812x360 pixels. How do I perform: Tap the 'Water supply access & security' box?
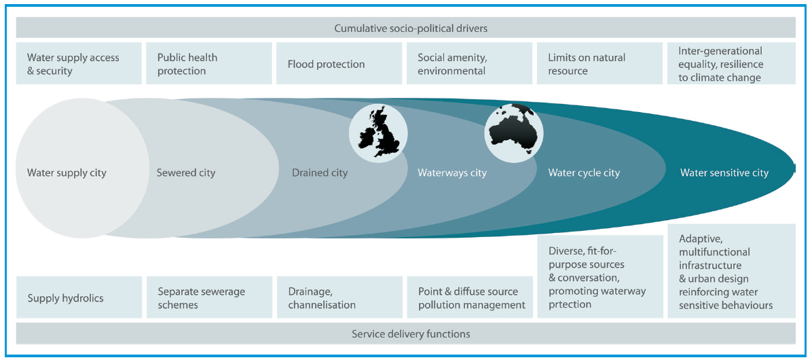tap(79, 64)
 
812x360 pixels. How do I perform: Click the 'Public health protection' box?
tap(209, 64)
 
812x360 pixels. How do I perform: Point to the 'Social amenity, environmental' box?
tap(470, 64)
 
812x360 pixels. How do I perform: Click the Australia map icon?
tap(514, 132)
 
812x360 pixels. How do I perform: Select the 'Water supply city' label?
tap(67, 173)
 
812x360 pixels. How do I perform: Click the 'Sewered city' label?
tap(186, 173)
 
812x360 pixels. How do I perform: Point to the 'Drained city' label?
tap(320, 173)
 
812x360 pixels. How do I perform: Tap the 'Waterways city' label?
tap(452, 173)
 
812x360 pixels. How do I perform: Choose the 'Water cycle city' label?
tap(584, 173)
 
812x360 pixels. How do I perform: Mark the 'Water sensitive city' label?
tap(724, 173)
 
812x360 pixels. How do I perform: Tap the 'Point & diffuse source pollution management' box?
tap(470, 298)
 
